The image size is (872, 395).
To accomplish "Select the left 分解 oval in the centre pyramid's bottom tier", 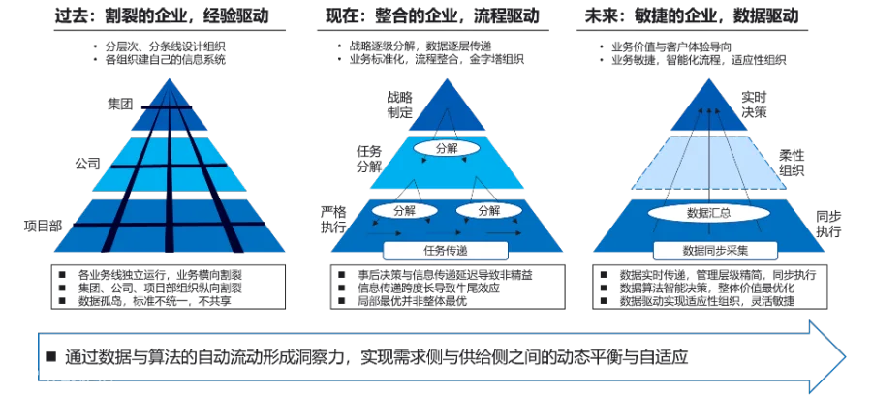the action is [402, 210].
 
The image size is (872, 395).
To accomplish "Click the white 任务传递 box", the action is [446, 250].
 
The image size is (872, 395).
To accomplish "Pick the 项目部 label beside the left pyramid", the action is [43, 225].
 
